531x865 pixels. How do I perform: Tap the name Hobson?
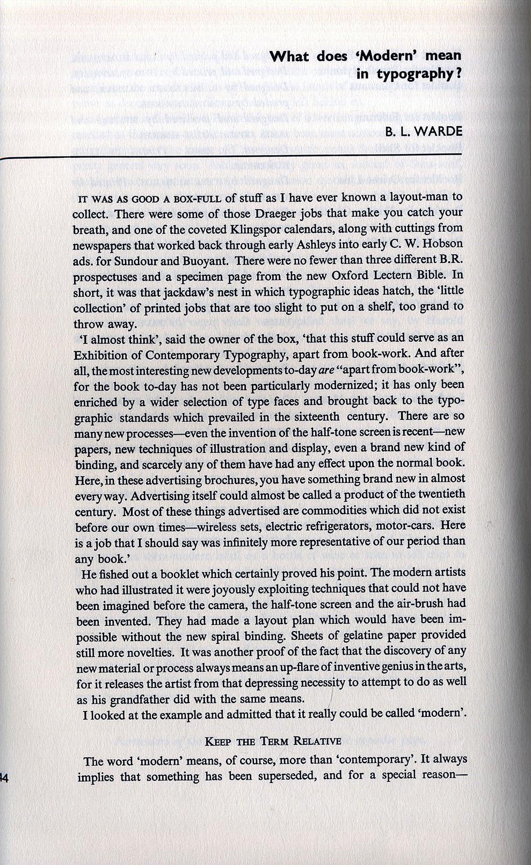(x=443, y=245)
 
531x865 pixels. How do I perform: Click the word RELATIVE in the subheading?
(x=317, y=742)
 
